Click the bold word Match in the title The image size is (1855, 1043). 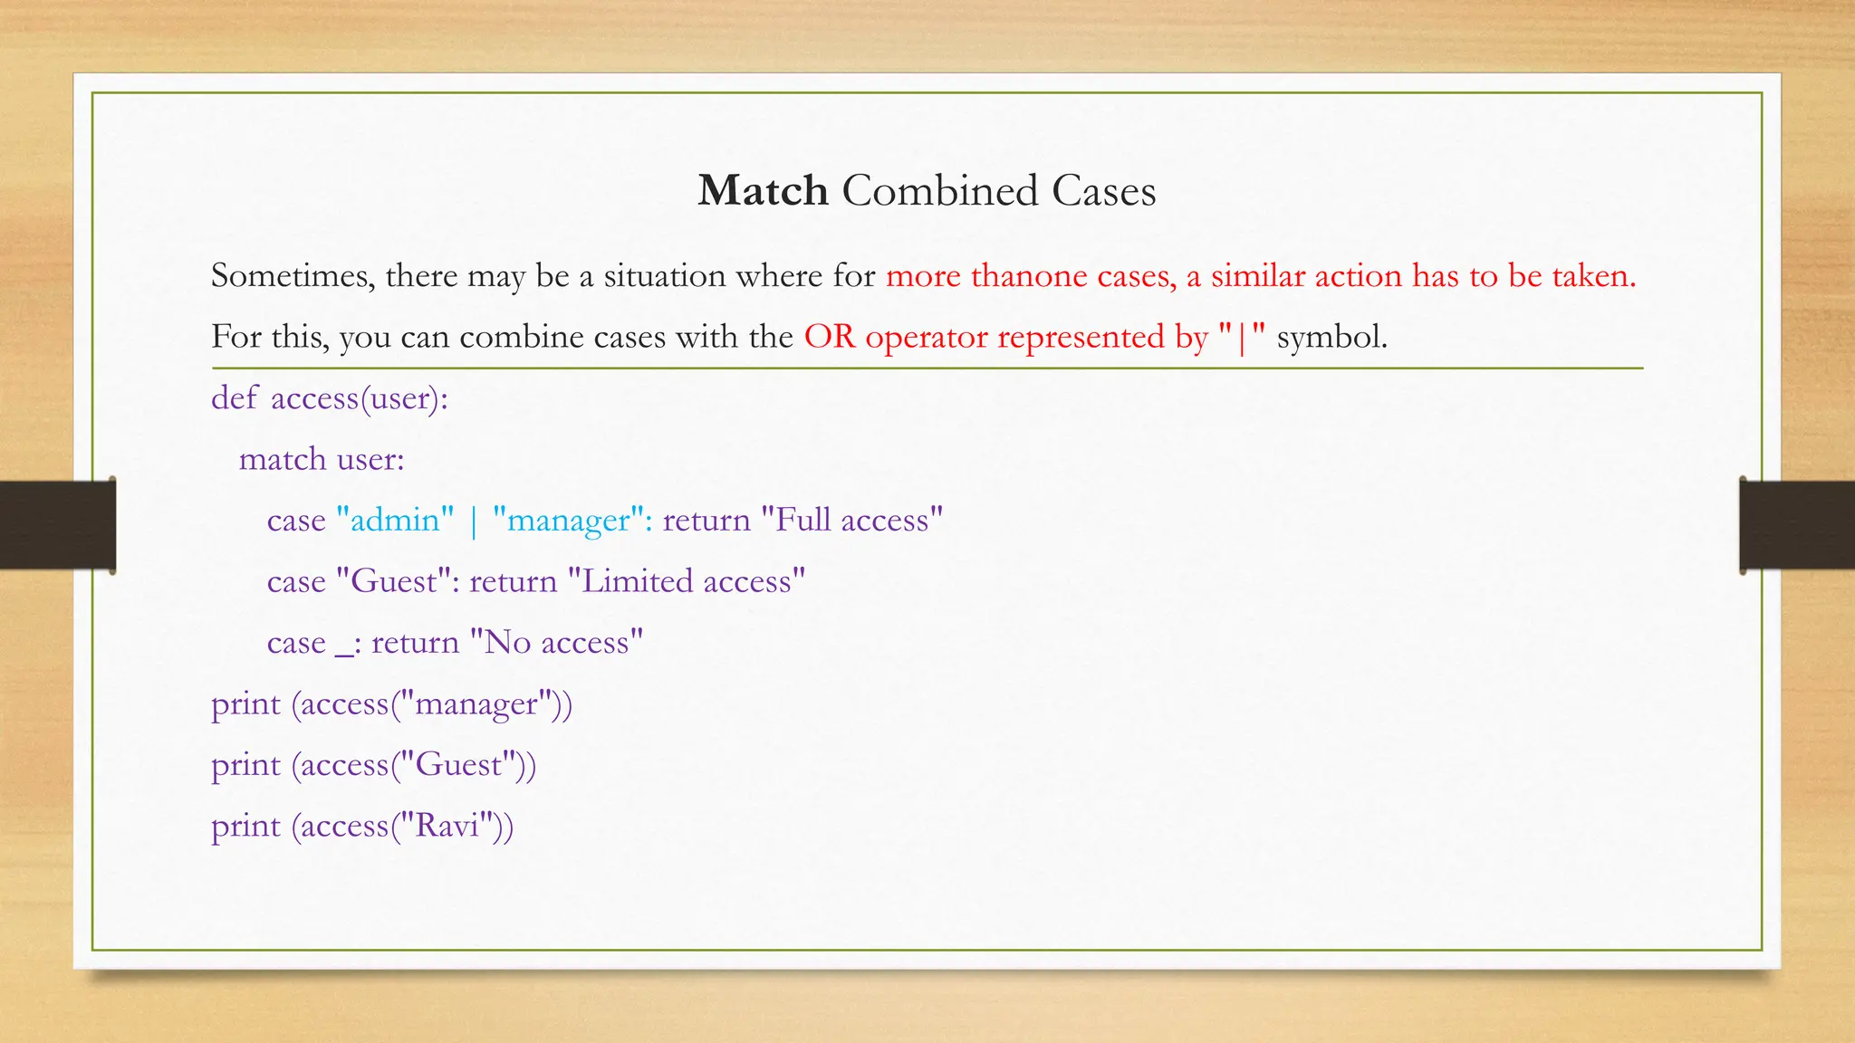click(763, 191)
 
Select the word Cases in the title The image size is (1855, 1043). click(1103, 191)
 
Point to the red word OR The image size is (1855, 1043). click(829, 337)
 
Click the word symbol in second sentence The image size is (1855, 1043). click(1331, 337)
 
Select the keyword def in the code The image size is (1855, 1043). click(234, 397)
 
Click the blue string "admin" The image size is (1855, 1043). click(395, 520)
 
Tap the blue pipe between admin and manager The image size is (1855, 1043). click(474, 521)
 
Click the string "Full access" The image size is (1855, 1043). click(851, 520)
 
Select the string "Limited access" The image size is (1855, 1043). click(687, 580)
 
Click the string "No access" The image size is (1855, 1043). click(556, 642)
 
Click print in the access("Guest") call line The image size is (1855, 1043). click(245, 766)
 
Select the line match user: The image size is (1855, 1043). click(322, 459)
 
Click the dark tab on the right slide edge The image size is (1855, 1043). click(1797, 525)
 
